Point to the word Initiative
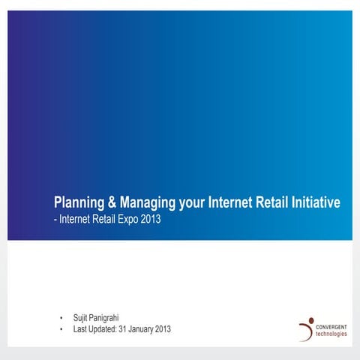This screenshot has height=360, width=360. (x=313, y=202)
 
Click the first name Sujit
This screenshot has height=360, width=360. (x=82, y=318)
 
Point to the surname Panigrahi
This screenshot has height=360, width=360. (x=111, y=318)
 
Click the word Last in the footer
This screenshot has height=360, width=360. (x=81, y=329)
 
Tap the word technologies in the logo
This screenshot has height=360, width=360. (x=332, y=334)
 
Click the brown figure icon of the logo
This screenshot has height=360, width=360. (x=307, y=328)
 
